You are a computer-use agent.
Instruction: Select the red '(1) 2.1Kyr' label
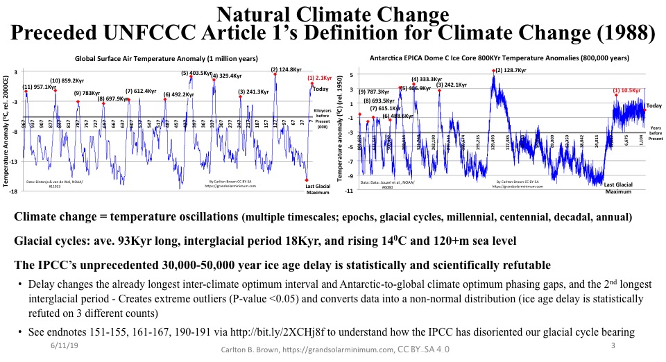pos(318,78)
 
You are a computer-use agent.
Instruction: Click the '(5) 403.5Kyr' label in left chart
pos(196,73)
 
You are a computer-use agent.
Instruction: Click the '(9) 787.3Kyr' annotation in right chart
pos(374,92)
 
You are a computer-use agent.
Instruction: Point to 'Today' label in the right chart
pos(654,105)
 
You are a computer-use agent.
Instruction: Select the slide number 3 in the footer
pos(613,345)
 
